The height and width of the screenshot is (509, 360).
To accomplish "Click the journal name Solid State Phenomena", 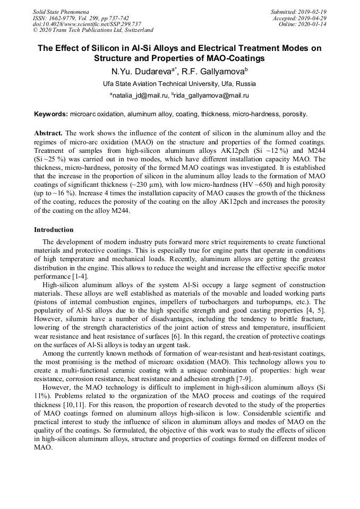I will coord(61,11).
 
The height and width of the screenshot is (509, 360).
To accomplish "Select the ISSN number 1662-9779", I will coord(65,18).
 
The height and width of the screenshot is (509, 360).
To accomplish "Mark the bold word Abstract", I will coord(48,133).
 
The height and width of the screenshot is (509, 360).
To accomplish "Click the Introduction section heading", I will coord(54,230).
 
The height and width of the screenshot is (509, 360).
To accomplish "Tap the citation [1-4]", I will coord(80,277).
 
